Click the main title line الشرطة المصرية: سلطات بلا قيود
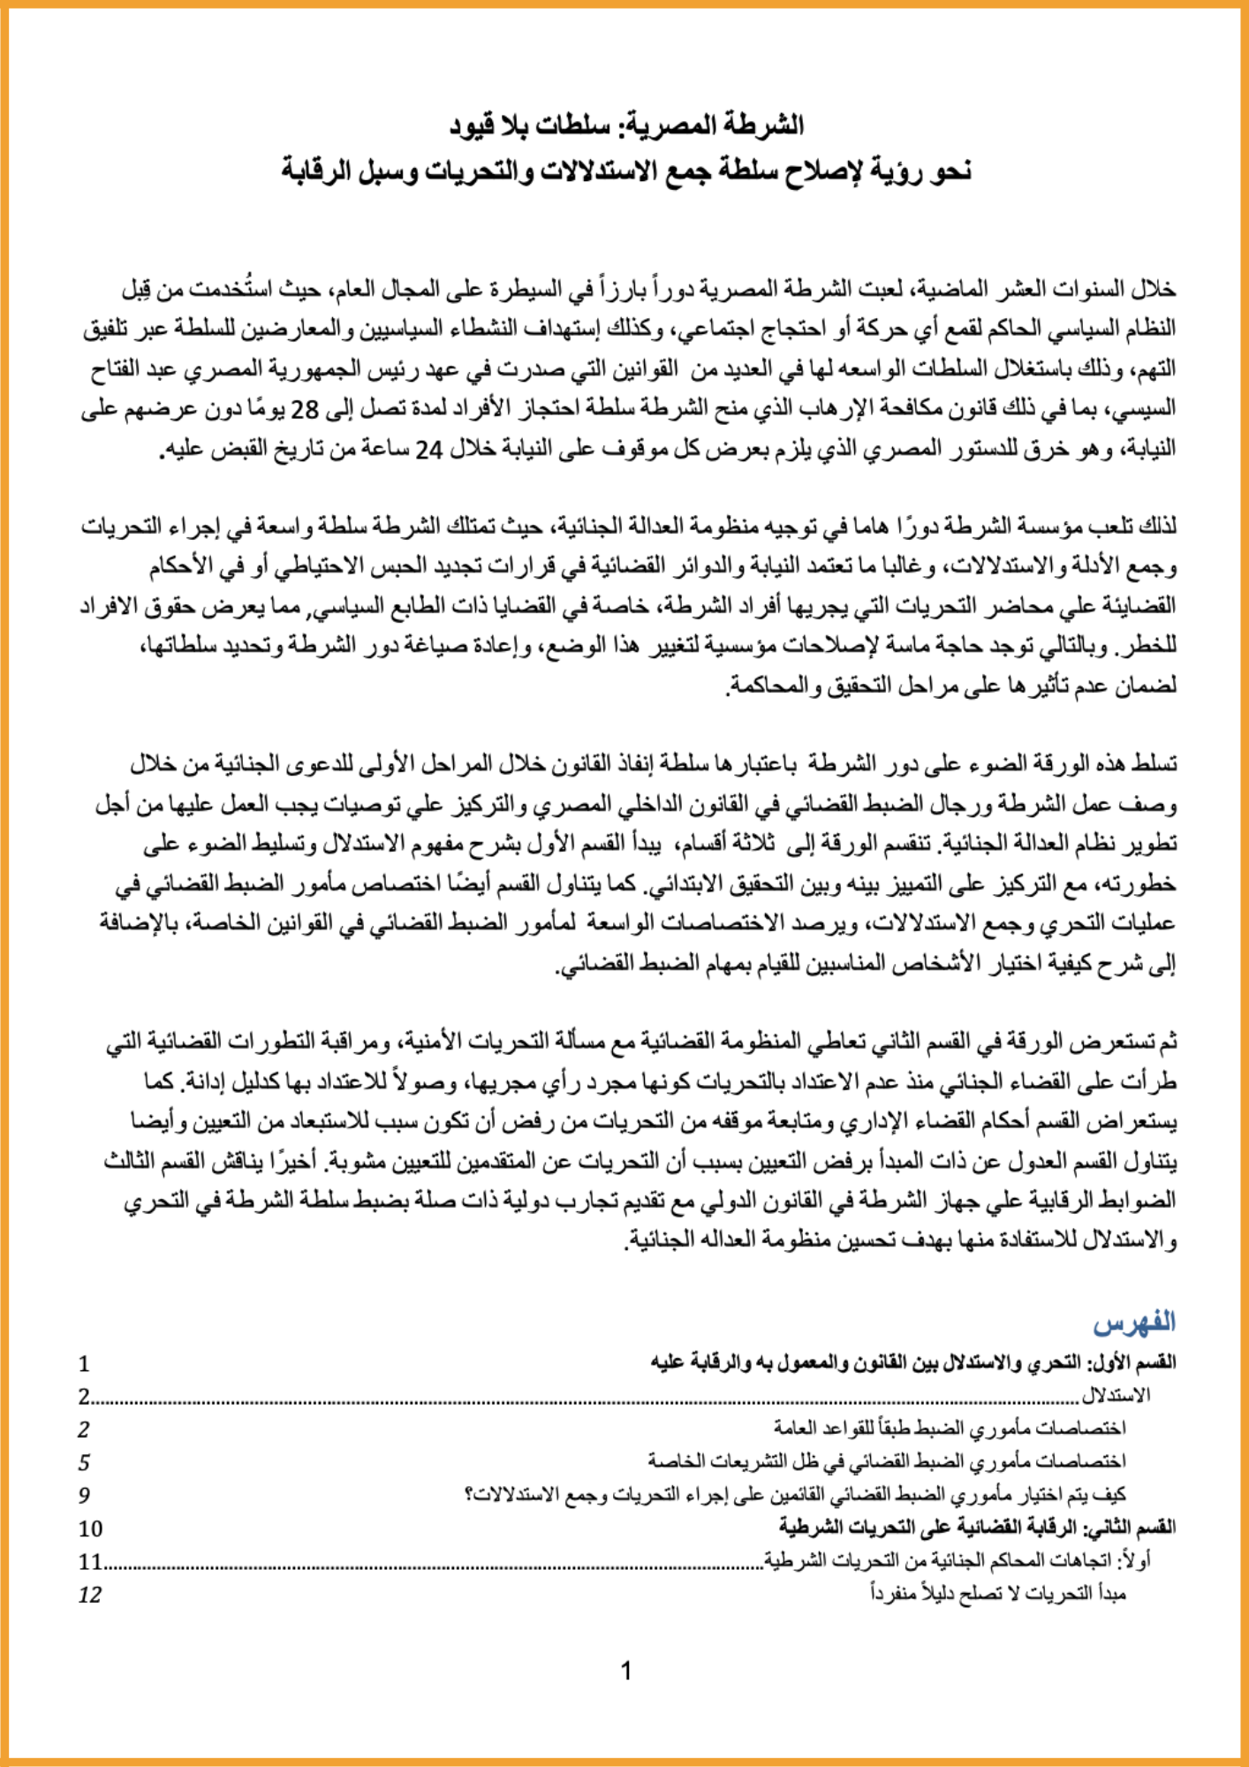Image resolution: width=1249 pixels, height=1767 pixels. pyautogui.click(x=626, y=125)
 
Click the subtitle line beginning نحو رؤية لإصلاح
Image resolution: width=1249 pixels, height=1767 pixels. pyautogui.click(x=626, y=171)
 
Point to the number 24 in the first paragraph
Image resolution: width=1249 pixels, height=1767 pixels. pyautogui.click(x=428, y=450)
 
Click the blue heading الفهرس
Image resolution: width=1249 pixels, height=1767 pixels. pyautogui.click(x=1134, y=1323)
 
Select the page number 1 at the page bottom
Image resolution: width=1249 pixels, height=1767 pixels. pyautogui.click(x=626, y=1671)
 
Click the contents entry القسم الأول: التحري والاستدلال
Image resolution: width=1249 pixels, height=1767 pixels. pyautogui.click(x=912, y=1362)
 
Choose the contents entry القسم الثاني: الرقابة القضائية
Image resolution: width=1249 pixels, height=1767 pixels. pyautogui.click(x=977, y=1528)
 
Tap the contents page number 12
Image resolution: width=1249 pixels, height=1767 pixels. pyautogui.click(x=90, y=1595)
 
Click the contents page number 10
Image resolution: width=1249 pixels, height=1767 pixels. pyautogui.click(x=90, y=1528)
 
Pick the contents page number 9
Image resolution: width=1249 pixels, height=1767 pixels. pyautogui.click(x=84, y=1495)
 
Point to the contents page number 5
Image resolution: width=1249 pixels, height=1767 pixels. pyautogui.click(x=84, y=1462)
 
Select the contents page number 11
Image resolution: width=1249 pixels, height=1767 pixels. pyautogui.click(x=90, y=1562)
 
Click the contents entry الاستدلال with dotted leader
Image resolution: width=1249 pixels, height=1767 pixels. pyautogui.click(x=1116, y=1396)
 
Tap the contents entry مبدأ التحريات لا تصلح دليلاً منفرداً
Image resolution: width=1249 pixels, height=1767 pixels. pyautogui.click(x=998, y=1594)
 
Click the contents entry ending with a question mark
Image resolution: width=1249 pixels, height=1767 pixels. pyautogui.click(x=795, y=1495)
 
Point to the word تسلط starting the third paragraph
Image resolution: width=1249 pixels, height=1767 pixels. pyautogui.click(x=1155, y=763)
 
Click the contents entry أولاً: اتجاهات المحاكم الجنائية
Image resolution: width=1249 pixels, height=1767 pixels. pyautogui.click(x=956, y=1561)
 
